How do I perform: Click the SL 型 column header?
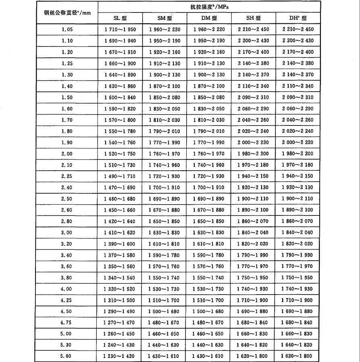120,18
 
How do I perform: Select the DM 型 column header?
209,18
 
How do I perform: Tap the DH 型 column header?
298,18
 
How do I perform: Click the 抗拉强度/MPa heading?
209,7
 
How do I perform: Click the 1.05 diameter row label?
67,29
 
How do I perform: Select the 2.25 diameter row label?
67,176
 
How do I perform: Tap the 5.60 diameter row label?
67,356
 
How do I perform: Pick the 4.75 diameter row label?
67,323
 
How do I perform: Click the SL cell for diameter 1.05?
120,29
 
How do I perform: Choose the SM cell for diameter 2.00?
164,154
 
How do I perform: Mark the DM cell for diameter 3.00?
209,233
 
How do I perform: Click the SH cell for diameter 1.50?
254,97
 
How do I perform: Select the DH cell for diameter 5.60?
298,356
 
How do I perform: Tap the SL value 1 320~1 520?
120,289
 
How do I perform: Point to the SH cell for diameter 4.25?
254,300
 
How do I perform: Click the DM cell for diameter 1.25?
209,63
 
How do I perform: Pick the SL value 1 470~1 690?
120,188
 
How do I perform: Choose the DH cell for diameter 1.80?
298,131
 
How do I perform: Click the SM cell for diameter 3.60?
164,266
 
